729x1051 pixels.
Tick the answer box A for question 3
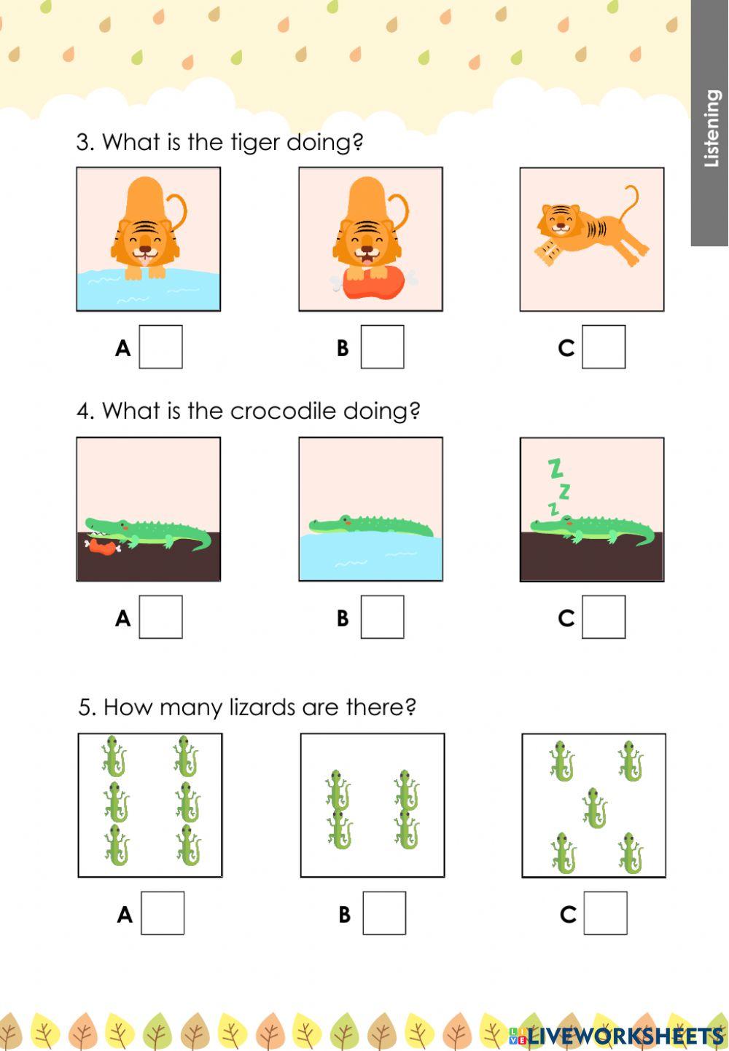click(160, 346)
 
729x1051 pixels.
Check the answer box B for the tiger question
click(382, 346)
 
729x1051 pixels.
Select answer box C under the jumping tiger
click(604, 346)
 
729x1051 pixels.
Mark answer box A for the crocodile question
click(160, 616)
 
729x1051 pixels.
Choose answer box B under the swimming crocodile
click(382, 616)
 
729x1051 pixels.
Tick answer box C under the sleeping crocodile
click(604, 616)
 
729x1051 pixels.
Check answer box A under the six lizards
click(163, 913)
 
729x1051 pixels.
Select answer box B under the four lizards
click(384, 913)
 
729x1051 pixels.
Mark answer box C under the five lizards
click(606, 913)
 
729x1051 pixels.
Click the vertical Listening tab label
click(712, 128)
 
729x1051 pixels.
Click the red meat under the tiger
click(373, 283)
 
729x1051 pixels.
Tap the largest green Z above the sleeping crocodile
click(555, 469)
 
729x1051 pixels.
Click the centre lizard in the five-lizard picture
click(594, 808)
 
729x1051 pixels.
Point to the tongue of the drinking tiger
click(145, 261)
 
